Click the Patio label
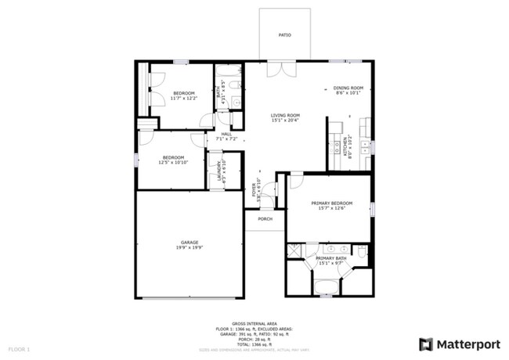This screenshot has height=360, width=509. [x=285, y=35]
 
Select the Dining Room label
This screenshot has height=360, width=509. [x=348, y=88]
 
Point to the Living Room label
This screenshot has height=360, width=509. [x=285, y=116]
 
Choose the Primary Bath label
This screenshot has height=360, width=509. [x=330, y=258]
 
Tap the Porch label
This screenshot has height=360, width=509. [x=265, y=218]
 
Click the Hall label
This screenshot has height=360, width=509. [x=226, y=134]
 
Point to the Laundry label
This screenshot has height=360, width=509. [x=219, y=174]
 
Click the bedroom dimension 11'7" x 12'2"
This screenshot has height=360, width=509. [x=183, y=98]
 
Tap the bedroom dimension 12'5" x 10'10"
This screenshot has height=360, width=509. [x=172, y=162]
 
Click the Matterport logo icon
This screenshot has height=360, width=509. [x=427, y=344]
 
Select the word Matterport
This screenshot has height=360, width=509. [x=465, y=344]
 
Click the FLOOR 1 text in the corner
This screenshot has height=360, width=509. [x=19, y=348]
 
